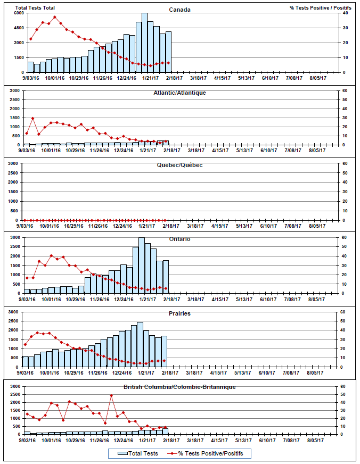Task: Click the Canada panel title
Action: (179, 10)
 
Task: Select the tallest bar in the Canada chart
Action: (144, 43)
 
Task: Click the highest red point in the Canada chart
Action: (54, 17)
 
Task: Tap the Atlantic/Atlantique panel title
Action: (180, 93)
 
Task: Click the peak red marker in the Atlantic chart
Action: (32, 118)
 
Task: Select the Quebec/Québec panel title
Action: (179, 165)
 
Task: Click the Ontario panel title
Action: (179, 239)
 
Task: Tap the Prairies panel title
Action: (179, 313)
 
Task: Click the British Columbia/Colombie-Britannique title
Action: (179, 386)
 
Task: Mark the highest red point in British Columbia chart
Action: (111, 395)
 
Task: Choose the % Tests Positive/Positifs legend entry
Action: (212, 453)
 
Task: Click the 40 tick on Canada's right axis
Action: (345, 13)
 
